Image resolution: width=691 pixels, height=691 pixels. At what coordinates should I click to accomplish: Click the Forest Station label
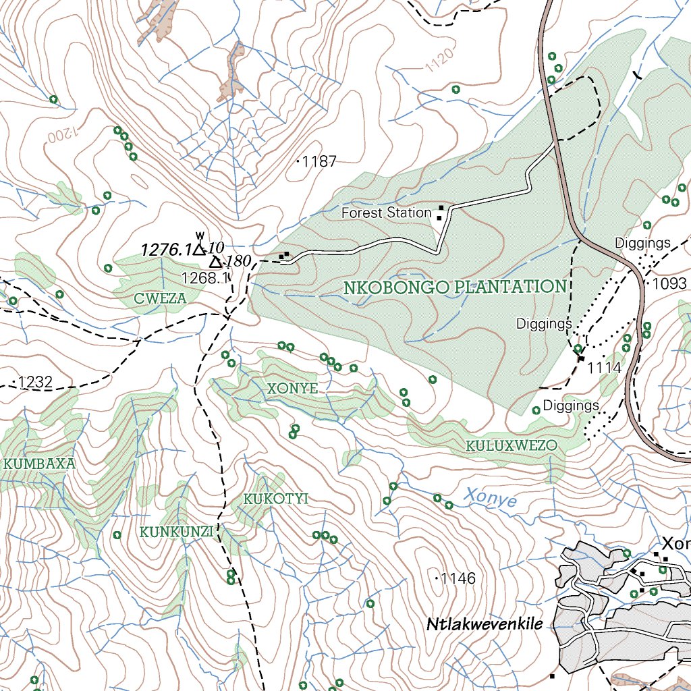coord(386,213)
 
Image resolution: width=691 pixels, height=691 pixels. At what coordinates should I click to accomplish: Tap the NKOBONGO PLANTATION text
coord(455,287)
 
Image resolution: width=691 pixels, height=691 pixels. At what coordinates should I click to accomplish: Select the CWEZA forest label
coord(160,298)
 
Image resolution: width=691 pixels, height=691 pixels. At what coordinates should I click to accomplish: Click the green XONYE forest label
coord(292,389)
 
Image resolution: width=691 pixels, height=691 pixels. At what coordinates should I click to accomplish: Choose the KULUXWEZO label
coord(512,446)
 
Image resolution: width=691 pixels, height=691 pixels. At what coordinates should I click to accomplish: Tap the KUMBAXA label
coord(39,464)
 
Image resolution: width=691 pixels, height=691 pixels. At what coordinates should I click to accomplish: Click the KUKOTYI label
coord(275,499)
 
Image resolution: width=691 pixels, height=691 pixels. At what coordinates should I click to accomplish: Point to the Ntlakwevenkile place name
coord(485,625)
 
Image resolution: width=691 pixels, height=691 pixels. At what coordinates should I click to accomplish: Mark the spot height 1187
coord(319,161)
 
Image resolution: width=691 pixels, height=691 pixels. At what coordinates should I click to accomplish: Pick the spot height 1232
coord(34,383)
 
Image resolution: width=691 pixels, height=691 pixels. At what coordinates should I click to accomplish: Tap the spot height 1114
coord(603,368)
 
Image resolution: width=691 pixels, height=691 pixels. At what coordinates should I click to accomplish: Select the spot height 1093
coord(669,284)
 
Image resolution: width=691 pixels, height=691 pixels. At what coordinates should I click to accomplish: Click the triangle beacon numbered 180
coord(216,262)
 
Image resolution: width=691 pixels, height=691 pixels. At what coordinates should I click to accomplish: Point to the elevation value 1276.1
coord(166,250)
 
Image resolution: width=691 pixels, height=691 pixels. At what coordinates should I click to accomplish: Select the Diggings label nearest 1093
coord(642,243)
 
